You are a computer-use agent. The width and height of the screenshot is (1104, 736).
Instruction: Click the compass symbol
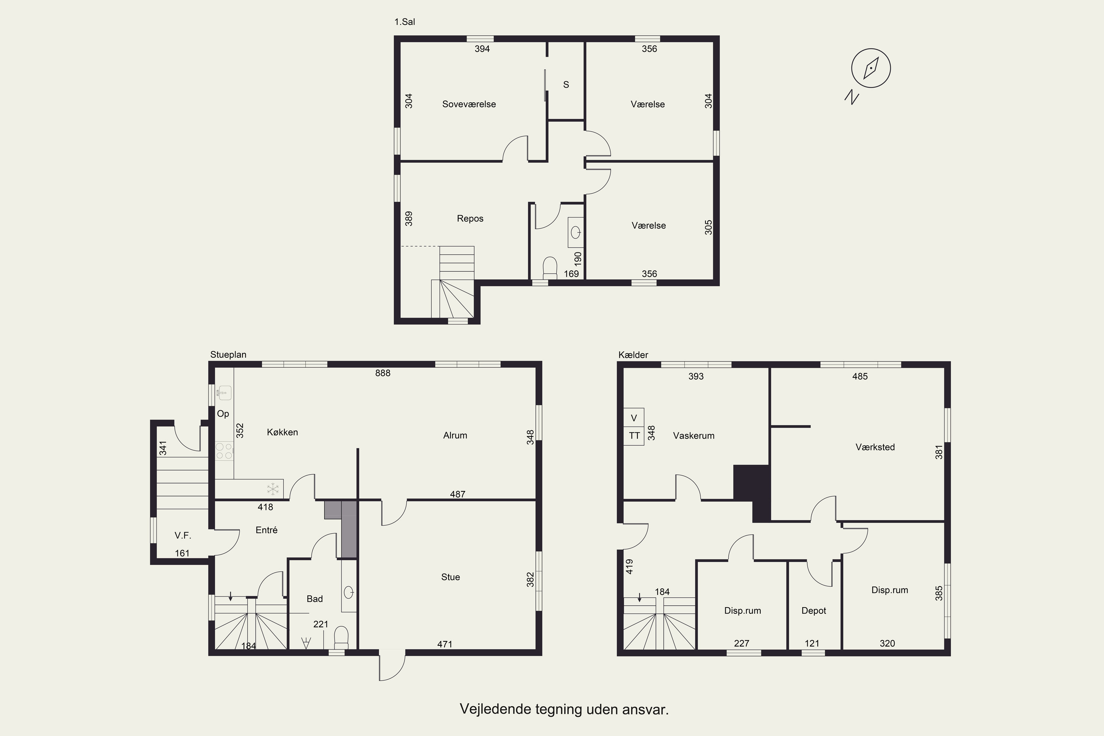(x=871, y=68)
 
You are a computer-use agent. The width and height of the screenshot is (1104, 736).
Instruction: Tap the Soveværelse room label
(x=469, y=104)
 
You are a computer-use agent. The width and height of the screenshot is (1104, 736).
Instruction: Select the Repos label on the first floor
(x=470, y=218)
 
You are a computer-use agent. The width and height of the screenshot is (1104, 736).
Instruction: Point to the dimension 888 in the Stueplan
(x=383, y=373)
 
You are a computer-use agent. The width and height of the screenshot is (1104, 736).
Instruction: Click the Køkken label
(x=282, y=432)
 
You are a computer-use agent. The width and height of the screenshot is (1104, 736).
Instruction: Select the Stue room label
(x=450, y=577)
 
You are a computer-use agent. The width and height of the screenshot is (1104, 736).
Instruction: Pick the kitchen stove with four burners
(x=224, y=451)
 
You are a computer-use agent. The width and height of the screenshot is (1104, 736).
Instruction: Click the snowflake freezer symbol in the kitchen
(x=273, y=489)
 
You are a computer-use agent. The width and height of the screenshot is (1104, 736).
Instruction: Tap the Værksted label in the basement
(x=875, y=447)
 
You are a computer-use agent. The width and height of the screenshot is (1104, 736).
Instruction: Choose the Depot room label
(x=813, y=611)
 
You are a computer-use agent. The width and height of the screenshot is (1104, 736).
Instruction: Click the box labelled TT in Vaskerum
(x=634, y=436)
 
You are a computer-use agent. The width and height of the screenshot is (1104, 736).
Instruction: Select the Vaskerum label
(x=693, y=436)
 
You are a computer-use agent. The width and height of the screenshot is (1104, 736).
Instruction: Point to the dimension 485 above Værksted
(x=859, y=376)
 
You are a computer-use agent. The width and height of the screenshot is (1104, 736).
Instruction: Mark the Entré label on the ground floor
(x=266, y=530)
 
